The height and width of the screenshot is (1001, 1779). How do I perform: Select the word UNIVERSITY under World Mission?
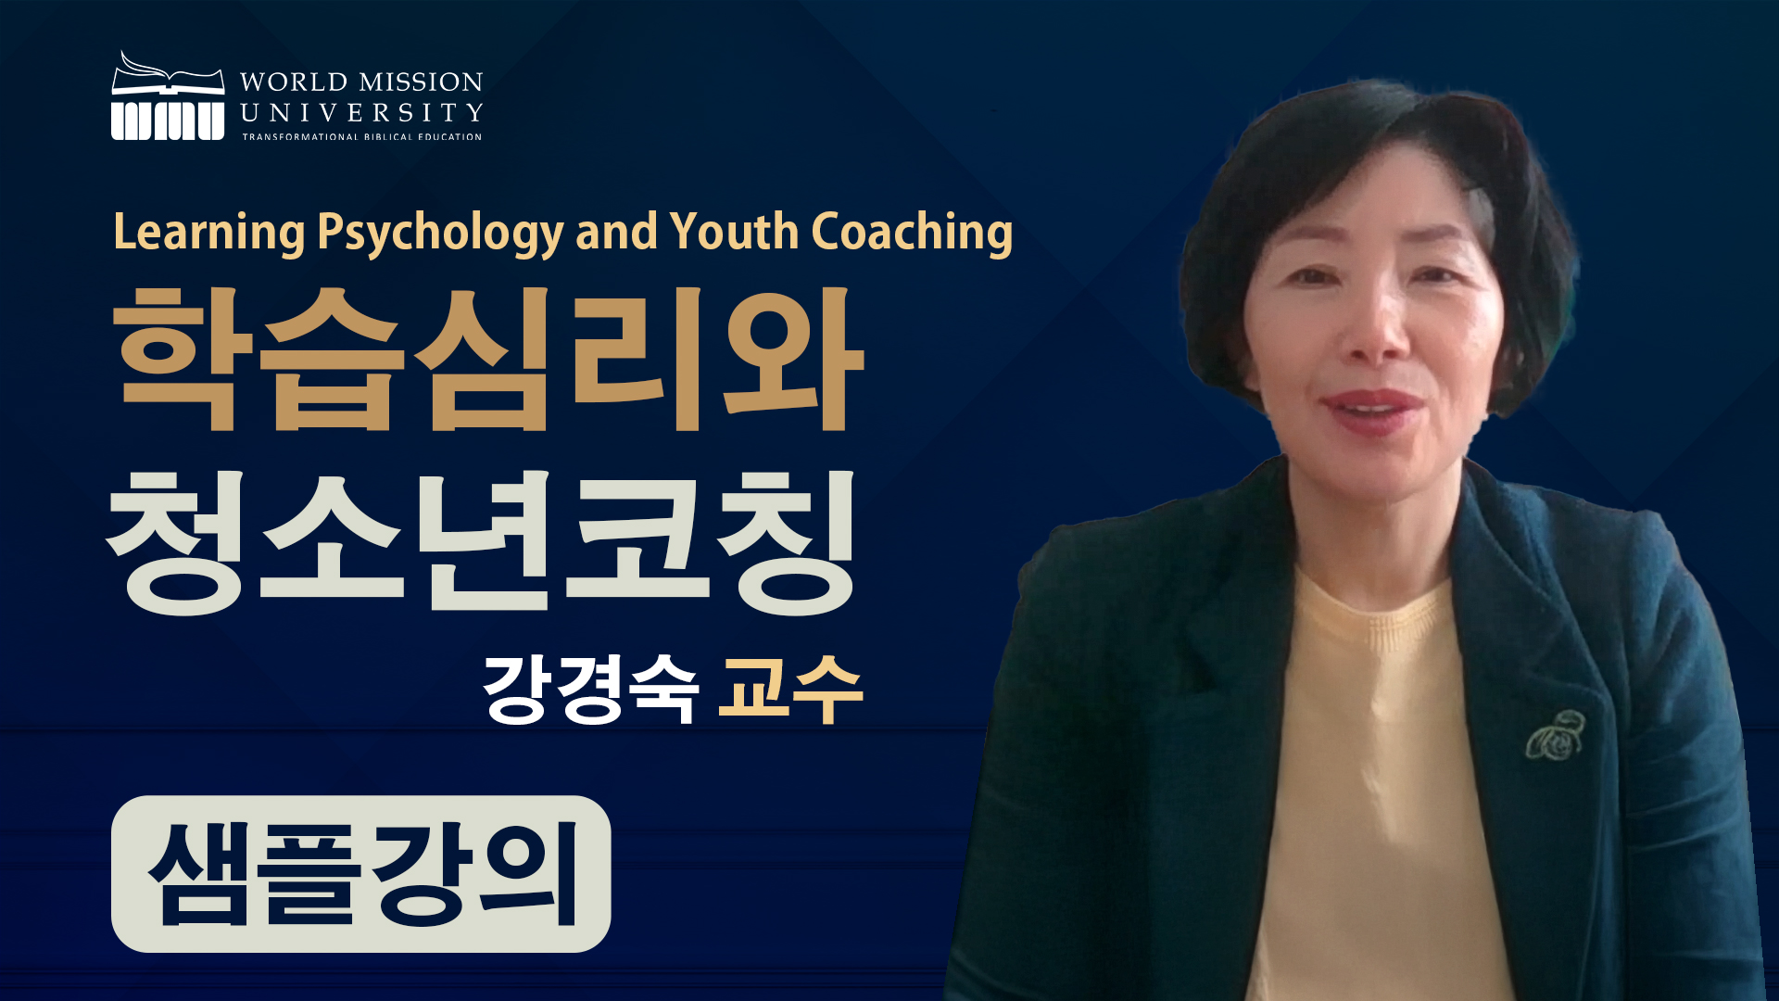click(x=361, y=113)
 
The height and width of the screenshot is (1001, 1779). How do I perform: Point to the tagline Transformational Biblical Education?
click(x=362, y=137)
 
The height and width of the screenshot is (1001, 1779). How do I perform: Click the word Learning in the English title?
click(x=208, y=232)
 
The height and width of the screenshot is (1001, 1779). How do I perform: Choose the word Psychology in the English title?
click(x=440, y=232)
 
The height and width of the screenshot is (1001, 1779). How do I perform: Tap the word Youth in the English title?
click(x=734, y=231)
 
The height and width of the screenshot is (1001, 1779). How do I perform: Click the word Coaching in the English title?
click(x=912, y=232)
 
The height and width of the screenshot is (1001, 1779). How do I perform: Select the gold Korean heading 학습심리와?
click(x=487, y=359)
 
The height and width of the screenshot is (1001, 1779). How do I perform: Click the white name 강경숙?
click(x=590, y=688)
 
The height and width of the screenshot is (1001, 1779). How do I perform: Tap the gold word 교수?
click(x=790, y=688)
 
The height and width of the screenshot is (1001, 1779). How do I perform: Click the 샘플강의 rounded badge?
click(x=360, y=873)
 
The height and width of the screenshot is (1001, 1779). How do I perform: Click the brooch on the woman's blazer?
click(x=1556, y=735)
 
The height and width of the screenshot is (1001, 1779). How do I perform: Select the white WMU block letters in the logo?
click(x=168, y=120)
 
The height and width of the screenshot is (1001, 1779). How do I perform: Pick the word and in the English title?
click(x=616, y=232)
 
